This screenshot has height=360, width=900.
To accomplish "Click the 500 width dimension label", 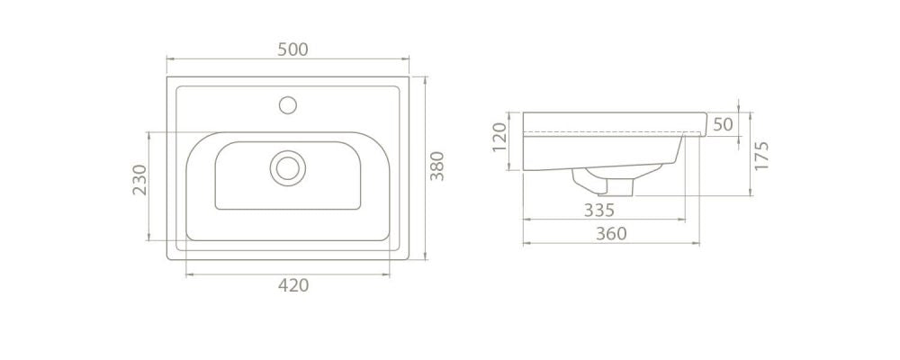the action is click(292, 50).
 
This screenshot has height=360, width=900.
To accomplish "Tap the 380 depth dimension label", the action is click(437, 166).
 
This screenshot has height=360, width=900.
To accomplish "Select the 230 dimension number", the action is click(140, 180).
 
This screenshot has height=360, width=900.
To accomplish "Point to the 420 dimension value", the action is click(293, 284).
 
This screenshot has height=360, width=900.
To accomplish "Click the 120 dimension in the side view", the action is click(499, 137).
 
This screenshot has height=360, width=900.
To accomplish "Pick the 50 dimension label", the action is click(724, 124).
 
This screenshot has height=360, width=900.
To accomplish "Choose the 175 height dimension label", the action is click(761, 155).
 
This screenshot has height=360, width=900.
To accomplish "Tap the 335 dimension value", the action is click(599, 211).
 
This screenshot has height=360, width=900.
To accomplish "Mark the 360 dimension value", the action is click(611, 234).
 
